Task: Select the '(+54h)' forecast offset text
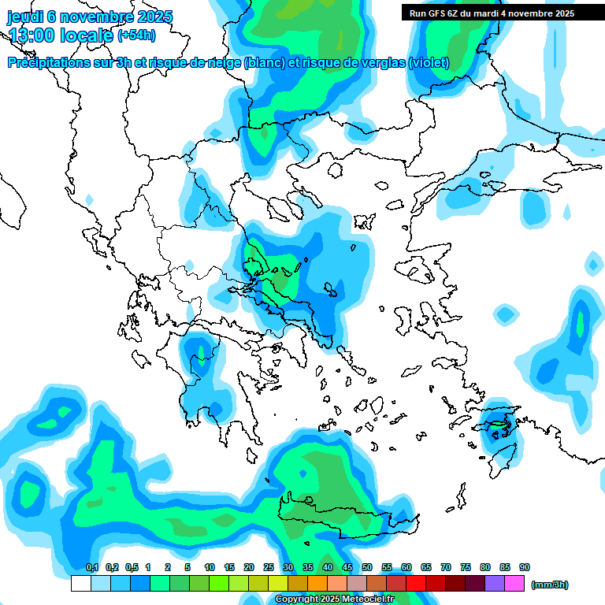(x=137, y=35)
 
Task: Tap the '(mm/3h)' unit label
(x=550, y=585)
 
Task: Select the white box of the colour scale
(x=80, y=584)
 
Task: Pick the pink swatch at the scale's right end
(x=514, y=584)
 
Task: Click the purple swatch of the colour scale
(x=495, y=584)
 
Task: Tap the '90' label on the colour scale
(x=525, y=567)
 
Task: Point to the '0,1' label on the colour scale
(x=91, y=567)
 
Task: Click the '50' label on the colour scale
(x=367, y=567)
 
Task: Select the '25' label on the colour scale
(x=269, y=567)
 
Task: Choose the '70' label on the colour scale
(x=446, y=567)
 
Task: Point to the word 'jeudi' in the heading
(x=25, y=17)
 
